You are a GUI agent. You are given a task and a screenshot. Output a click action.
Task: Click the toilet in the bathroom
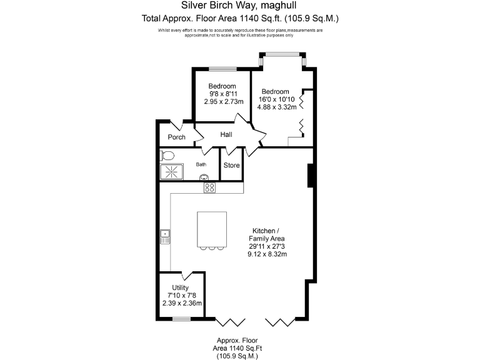click(167, 155)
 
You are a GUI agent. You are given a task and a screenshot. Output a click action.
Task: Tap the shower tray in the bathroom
click(171, 171)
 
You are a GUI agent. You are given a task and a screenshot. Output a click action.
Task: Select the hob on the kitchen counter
click(209, 187)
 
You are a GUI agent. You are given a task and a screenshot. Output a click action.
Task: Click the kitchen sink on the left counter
click(165, 236)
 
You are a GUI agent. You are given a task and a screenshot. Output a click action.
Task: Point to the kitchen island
click(211, 229)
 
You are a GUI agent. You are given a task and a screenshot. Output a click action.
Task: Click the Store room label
click(232, 166)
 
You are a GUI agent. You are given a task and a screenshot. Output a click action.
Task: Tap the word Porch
click(176, 137)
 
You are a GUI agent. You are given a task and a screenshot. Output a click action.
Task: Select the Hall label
click(226, 134)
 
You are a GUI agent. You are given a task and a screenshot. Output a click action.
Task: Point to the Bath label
click(201, 165)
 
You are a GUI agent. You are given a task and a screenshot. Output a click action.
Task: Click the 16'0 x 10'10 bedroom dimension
click(276, 99)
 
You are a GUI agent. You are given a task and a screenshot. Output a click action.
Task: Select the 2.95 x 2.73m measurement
click(222, 101)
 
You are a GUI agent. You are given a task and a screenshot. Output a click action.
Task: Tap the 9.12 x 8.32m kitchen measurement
click(267, 254)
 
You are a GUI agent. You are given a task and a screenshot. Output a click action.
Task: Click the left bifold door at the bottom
click(229, 322)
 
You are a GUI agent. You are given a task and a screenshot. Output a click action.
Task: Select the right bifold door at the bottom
click(279, 322)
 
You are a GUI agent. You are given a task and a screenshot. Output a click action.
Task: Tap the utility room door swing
click(186, 275)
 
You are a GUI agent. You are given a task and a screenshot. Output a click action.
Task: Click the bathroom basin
click(204, 177)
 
